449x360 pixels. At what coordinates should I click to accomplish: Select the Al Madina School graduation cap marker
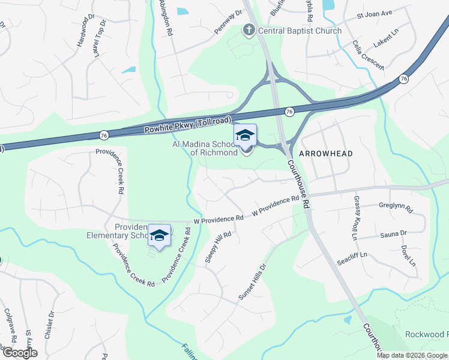(245, 136)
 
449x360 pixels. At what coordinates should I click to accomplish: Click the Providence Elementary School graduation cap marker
(159, 235)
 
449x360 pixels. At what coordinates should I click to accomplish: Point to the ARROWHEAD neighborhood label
(326, 154)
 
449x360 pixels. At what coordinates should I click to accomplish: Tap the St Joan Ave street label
(374, 13)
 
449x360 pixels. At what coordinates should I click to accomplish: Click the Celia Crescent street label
(368, 55)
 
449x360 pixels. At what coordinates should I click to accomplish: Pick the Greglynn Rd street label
(396, 207)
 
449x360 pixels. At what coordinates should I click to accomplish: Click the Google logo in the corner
(19, 353)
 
